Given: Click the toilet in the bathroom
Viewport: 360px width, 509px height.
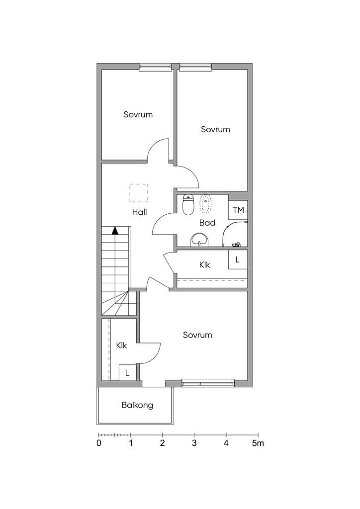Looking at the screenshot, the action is pos(188,204).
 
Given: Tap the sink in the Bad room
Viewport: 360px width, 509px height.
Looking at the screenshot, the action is pos(200,240).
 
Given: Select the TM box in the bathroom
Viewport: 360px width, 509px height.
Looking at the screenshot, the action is pos(238,210).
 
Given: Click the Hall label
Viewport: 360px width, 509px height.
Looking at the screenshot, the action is pos(139,212).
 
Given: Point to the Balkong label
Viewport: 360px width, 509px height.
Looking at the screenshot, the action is pos(137,405).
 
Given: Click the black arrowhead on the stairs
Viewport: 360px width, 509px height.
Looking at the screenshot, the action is pos(115,231).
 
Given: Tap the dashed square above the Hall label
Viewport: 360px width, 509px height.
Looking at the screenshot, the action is pos(139,193).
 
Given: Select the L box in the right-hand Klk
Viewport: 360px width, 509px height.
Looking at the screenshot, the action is pos(238,259).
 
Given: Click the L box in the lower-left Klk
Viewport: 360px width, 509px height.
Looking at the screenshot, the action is pos(127,373).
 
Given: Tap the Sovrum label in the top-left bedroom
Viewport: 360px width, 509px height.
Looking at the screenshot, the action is pos(138,114).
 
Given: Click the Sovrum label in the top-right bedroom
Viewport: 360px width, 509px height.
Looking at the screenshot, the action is pos(215,129).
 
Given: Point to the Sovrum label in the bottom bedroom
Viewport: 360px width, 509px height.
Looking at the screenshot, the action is pos(197,335).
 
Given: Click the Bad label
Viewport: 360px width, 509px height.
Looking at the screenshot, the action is pos(207,223).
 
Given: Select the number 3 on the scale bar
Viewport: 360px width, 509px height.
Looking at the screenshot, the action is pos(194,443).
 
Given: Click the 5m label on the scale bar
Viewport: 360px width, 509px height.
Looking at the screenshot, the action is pos(258,443).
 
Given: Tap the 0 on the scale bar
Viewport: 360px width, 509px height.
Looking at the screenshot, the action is pos(98,443).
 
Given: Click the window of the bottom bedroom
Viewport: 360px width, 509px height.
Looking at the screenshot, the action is pos(208,383).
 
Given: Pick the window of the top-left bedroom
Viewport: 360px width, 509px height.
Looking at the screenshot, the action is pos(155,67).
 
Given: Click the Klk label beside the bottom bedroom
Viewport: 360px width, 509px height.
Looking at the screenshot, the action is pos(121,345).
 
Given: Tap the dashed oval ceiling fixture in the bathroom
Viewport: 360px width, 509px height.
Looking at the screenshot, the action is pos(205,204).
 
